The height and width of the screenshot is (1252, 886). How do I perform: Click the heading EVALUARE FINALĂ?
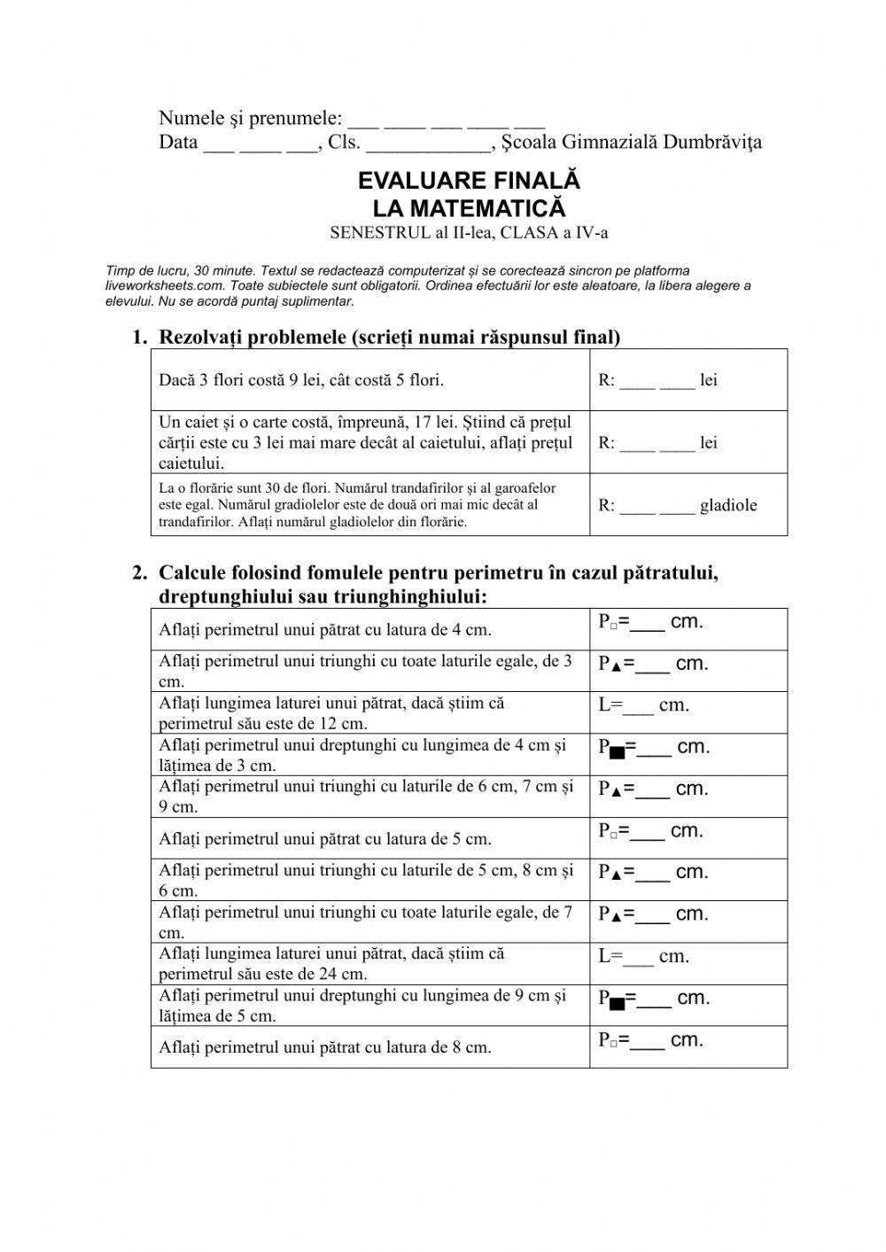(469, 181)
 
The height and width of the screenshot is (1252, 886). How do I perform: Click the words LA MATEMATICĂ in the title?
(469, 209)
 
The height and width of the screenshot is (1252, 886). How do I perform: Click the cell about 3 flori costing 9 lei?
(301, 381)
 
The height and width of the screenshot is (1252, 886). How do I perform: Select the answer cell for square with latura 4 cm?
(688, 629)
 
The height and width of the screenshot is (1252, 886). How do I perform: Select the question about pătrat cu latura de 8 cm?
(325, 1047)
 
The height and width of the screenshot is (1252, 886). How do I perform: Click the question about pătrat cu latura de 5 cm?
(325, 838)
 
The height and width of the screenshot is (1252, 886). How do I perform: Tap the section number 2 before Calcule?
(138, 573)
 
